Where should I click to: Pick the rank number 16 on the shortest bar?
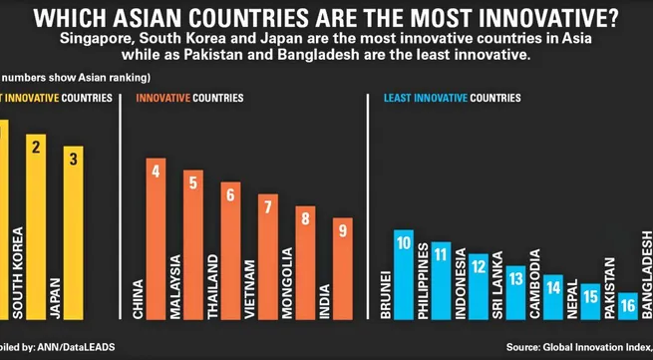tap(628, 306)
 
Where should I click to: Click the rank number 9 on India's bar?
tap(342, 230)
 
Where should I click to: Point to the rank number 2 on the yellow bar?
tap(36, 147)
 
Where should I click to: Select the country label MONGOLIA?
tap(287, 284)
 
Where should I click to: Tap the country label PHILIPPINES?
tap(424, 281)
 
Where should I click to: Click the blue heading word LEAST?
tap(399, 99)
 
